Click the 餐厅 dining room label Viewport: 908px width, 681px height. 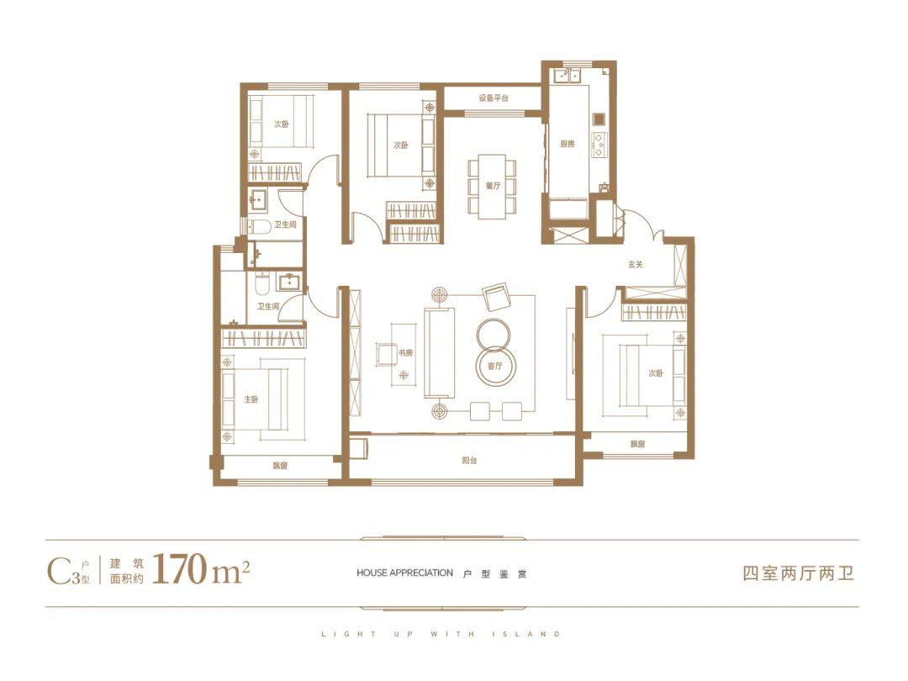point(493,186)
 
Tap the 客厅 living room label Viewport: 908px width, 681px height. point(494,366)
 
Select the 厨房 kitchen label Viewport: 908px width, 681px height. point(567,144)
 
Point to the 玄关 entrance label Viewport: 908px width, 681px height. point(636,264)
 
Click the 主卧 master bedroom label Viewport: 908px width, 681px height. point(251,399)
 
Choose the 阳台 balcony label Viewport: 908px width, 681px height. point(470,461)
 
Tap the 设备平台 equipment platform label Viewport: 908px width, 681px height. point(494,98)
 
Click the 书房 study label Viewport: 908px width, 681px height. point(405,352)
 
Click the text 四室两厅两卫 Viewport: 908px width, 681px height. point(799,573)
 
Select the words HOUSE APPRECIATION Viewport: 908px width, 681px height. point(404,573)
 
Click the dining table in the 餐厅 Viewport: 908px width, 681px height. point(492,187)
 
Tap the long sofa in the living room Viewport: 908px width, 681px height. point(440,352)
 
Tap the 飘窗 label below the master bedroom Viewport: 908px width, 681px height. point(280,466)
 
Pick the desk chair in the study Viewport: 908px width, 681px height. point(386,355)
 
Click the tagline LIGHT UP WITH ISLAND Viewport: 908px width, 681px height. point(441,634)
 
